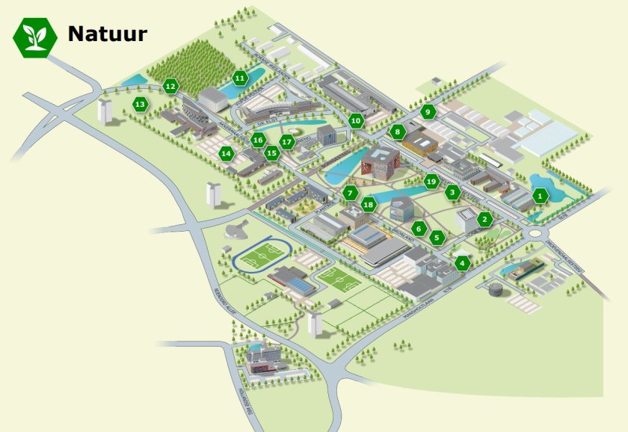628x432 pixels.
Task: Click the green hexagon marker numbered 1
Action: point(540,197)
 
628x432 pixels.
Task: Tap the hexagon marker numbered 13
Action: point(140,105)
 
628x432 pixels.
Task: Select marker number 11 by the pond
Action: point(240,78)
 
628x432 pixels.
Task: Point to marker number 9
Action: point(428,112)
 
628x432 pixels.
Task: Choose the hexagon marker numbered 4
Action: point(463,263)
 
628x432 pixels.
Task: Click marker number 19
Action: point(431,181)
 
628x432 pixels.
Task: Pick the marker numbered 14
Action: point(226,154)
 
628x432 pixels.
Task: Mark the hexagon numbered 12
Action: point(170,87)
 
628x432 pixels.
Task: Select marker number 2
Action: point(484,220)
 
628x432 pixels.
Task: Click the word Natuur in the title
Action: point(107,34)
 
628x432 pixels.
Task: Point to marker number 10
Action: point(356,120)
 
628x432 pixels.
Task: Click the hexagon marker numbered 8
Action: point(397,132)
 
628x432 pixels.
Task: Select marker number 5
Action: point(437,238)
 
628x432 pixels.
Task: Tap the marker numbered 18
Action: point(368,204)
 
